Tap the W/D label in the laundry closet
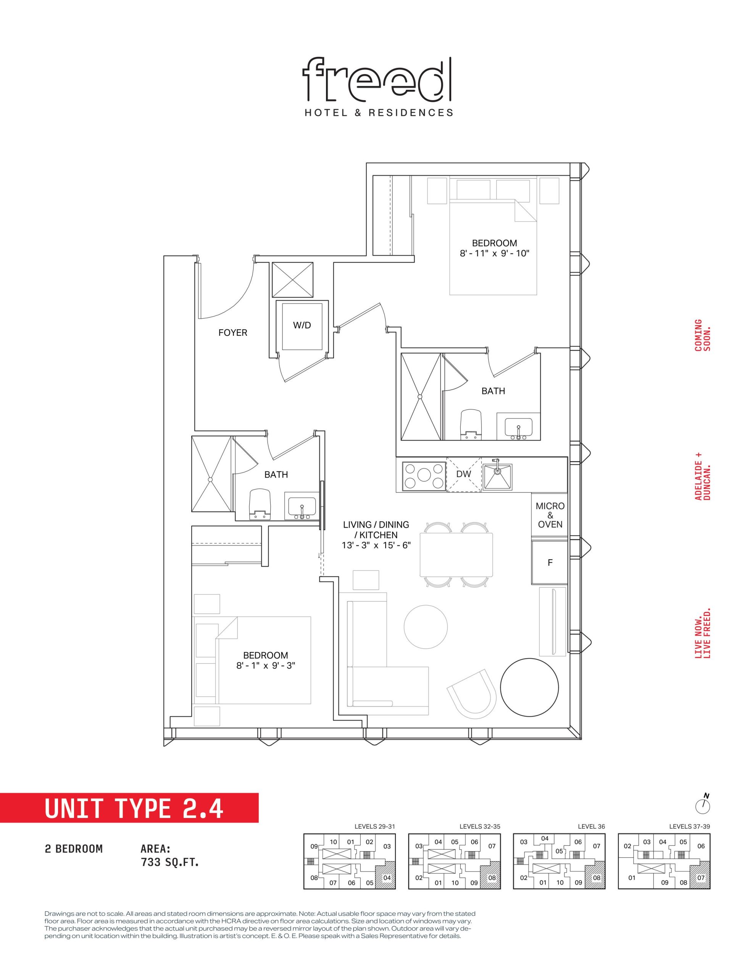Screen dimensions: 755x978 302,325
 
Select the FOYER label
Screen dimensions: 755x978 233,333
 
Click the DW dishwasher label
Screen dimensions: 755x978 464,474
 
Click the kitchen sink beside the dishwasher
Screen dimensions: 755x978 497,476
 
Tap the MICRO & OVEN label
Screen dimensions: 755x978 550,515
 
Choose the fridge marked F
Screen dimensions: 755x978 550,562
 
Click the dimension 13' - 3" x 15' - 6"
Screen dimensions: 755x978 376,546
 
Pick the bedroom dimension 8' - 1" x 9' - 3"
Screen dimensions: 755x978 266,665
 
